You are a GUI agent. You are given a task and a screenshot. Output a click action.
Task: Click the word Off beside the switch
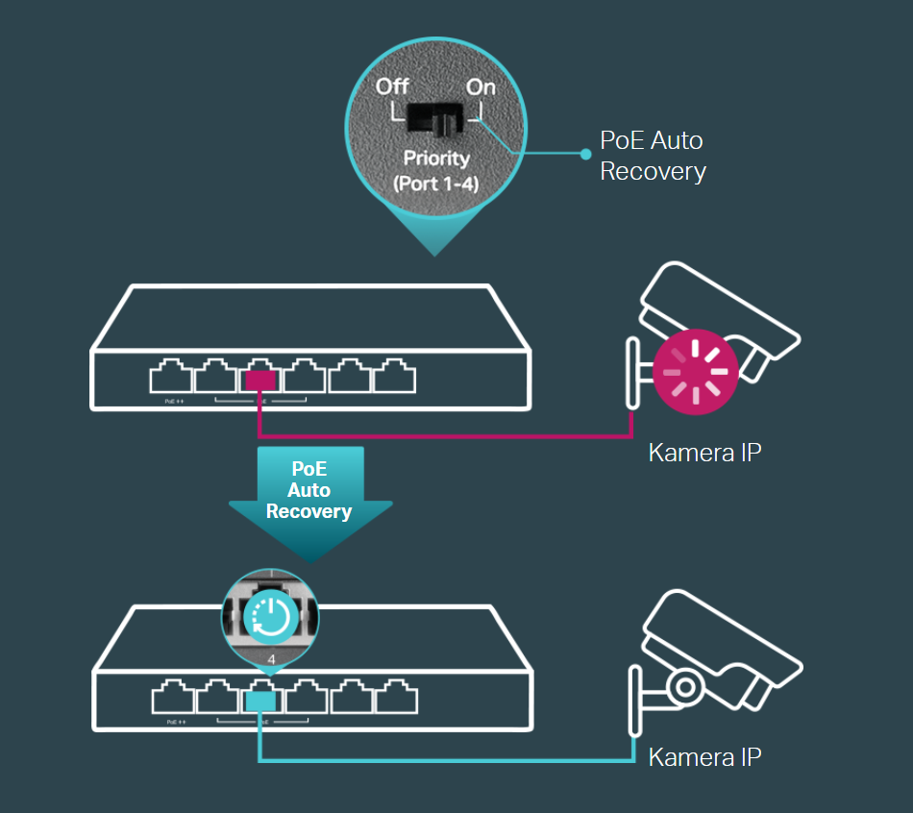[392, 86]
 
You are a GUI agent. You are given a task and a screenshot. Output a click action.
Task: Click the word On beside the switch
[481, 86]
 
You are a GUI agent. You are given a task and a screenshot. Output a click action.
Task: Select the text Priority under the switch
[435, 158]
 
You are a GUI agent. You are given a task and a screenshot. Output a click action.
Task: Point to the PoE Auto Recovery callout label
[653, 156]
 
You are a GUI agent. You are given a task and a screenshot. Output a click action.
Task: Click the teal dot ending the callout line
[585, 153]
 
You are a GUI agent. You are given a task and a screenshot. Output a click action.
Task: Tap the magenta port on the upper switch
[260, 380]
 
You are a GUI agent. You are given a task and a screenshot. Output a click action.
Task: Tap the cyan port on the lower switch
[260, 702]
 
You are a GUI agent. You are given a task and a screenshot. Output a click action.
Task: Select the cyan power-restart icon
[270, 616]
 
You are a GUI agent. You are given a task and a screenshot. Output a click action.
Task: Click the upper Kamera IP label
[704, 452]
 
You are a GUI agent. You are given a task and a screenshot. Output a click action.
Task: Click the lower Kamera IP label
[704, 756]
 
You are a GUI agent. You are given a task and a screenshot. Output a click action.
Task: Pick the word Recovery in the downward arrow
[308, 511]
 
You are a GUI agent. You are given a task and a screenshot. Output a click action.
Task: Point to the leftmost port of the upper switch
[170, 378]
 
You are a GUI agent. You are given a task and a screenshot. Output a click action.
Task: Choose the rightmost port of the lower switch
[394, 699]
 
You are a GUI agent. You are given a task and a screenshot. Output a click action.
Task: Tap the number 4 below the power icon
[271, 659]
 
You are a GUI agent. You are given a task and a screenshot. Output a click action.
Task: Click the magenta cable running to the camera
[442, 437]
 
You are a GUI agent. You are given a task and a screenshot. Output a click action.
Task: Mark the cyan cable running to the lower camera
[442, 762]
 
